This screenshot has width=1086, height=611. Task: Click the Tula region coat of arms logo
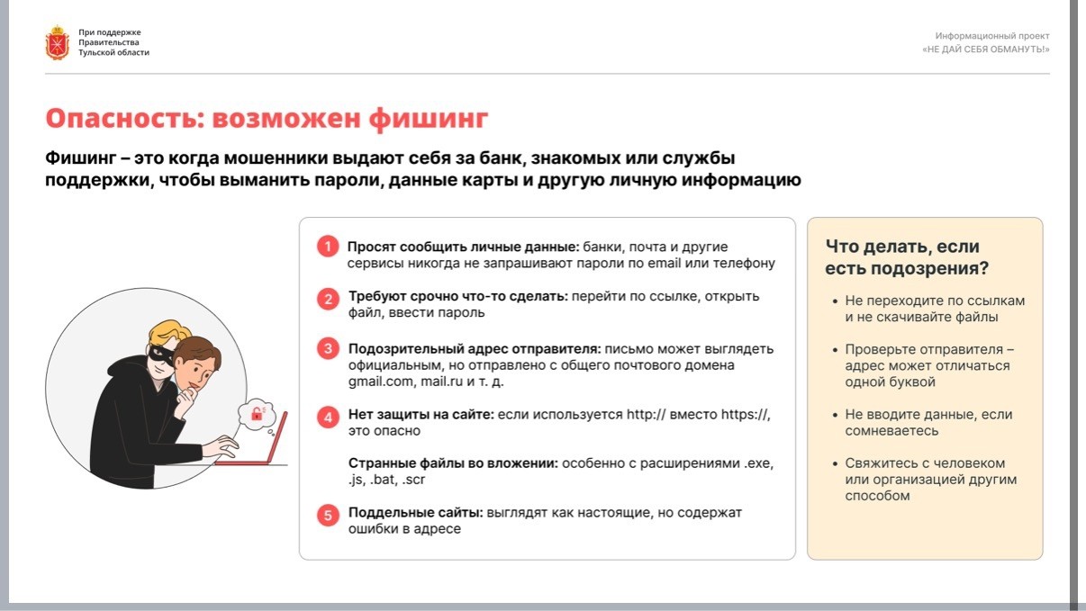pos(58,42)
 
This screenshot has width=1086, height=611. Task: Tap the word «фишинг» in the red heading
pos(428,119)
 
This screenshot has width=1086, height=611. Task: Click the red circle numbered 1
pos(328,247)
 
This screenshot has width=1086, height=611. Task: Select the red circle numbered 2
pos(328,299)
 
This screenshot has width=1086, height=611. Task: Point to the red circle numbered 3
pos(328,349)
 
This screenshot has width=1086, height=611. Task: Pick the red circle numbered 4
pos(328,418)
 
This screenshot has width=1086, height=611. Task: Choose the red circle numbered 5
pos(328,515)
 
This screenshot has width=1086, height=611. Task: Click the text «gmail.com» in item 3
pos(381,382)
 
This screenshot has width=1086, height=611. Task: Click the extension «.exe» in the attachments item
pos(759,463)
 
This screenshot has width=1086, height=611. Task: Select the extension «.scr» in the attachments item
pos(413,480)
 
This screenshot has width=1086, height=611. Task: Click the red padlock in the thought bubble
pos(257,414)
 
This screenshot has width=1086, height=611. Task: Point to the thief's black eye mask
pos(160,355)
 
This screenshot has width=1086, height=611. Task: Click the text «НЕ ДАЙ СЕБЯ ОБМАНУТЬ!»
pos(986,49)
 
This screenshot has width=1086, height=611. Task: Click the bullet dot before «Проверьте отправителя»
pos(835,350)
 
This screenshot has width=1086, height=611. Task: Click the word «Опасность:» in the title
pos(125,119)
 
